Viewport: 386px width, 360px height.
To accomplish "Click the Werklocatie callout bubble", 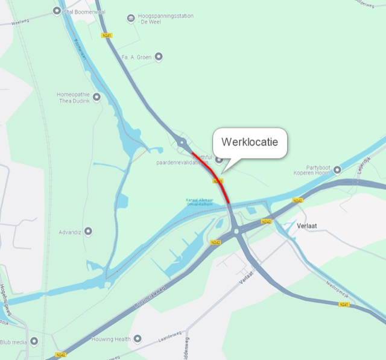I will pyautogui.click(x=249, y=143).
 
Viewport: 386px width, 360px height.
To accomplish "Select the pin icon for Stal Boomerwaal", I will pyautogui.click(x=57, y=10).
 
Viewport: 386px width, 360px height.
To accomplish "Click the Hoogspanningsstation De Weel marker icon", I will pyautogui.click(x=131, y=19).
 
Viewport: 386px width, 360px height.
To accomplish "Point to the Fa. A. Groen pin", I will pyautogui.click(x=159, y=57).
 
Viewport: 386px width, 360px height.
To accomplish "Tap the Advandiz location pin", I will pyautogui.click(x=88, y=231).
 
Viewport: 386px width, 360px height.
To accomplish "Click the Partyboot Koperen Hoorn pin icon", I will pyautogui.click(x=337, y=170).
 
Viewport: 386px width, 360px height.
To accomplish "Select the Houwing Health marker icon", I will pyautogui.click(x=138, y=339).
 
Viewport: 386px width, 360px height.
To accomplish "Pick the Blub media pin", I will pyautogui.click(x=34, y=341).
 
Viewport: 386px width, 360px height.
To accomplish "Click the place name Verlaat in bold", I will pyautogui.click(x=311, y=226).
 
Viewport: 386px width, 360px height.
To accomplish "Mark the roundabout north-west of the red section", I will pyautogui.click(x=182, y=142).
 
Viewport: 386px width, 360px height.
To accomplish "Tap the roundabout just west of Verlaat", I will pyautogui.click(x=236, y=230).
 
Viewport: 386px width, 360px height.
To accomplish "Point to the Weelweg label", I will pyautogui.click(x=21, y=21).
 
